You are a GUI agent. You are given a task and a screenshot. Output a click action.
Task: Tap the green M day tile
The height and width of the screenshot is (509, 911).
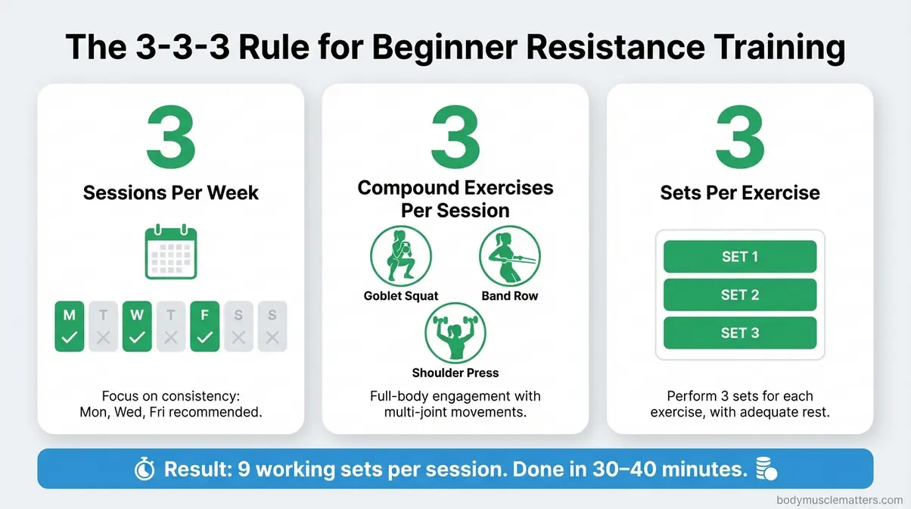click(x=70, y=326)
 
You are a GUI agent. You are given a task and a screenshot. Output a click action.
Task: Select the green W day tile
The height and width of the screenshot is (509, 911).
click(x=137, y=326)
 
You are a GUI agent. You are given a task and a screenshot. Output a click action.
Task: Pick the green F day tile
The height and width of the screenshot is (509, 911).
click(x=204, y=326)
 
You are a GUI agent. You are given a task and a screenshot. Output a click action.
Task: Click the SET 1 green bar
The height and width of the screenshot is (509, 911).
click(x=739, y=257)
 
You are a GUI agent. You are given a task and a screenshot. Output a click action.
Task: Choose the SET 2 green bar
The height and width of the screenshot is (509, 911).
click(x=739, y=295)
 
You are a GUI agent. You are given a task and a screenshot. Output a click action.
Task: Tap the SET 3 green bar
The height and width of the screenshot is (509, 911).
click(x=739, y=333)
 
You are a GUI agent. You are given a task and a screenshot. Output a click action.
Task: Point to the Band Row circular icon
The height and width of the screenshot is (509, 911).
click(x=509, y=257)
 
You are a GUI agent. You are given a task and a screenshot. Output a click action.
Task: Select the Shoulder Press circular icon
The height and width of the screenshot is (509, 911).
click(x=455, y=333)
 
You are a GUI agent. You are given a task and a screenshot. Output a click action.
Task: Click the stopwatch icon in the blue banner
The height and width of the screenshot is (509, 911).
click(x=145, y=470)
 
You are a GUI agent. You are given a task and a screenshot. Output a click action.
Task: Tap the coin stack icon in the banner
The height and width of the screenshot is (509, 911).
click(x=765, y=470)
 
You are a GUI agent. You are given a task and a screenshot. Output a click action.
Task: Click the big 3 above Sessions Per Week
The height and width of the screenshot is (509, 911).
click(x=170, y=139)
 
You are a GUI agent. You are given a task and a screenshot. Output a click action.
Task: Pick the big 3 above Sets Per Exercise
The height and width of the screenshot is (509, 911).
click(x=739, y=139)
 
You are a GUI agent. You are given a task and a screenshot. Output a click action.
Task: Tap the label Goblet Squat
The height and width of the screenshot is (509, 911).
click(x=401, y=296)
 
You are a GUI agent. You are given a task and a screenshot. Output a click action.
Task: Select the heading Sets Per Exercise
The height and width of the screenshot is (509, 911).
click(x=739, y=192)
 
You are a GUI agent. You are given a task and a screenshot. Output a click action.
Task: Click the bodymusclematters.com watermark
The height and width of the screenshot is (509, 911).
click(x=840, y=500)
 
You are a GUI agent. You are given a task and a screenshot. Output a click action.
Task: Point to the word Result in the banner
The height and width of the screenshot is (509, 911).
click(x=206, y=470)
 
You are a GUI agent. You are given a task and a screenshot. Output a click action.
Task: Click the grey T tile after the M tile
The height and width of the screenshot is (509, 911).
click(x=104, y=326)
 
